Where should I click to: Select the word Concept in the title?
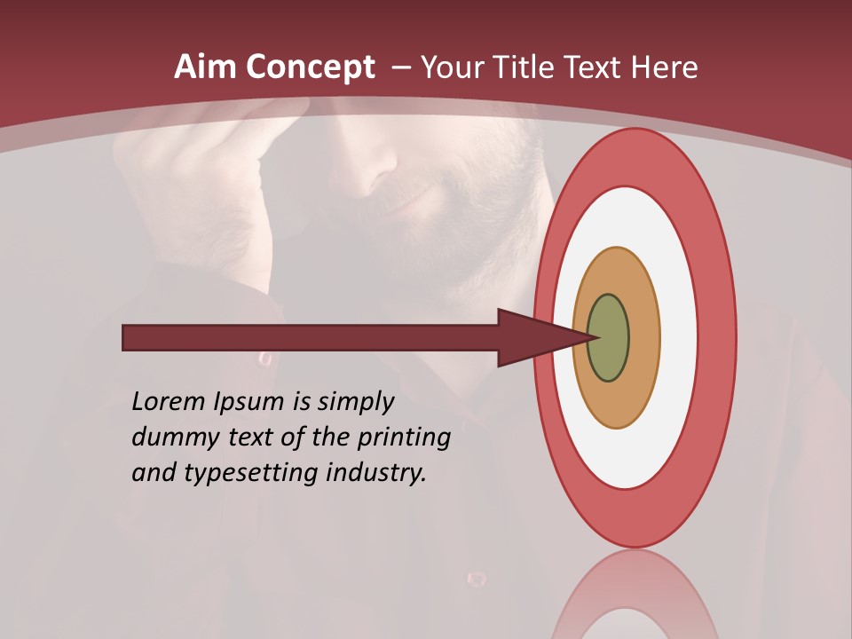309,67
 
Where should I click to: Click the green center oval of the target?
609,338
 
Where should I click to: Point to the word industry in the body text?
376,473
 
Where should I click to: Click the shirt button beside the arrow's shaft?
264,359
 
